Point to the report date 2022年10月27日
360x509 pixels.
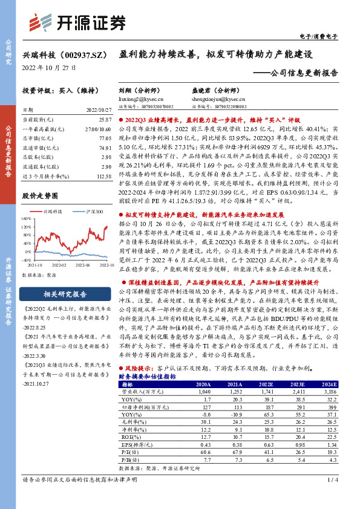(x=50, y=68)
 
